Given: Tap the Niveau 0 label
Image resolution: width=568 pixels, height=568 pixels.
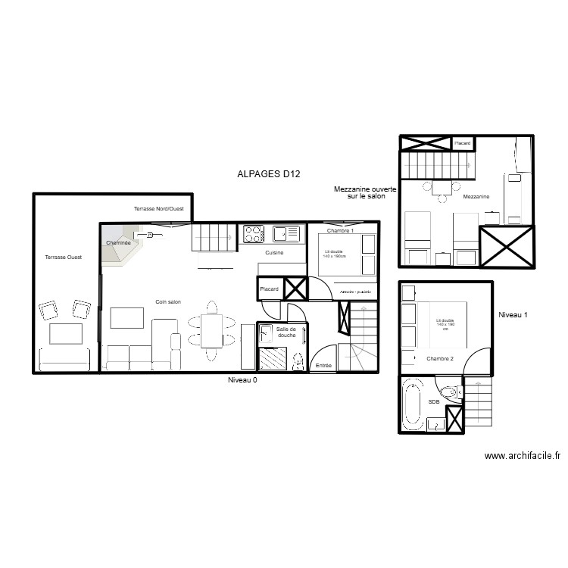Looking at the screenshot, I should click(x=242, y=380).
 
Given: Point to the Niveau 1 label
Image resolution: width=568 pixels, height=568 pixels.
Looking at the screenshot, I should click(x=514, y=314).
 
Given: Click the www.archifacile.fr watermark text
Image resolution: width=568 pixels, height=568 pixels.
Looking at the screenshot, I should click(x=522, y=456).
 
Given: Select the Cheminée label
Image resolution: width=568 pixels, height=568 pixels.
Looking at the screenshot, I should click(x=118, y=242).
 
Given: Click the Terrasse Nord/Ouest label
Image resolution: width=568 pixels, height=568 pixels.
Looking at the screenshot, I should click(x=158, y=208).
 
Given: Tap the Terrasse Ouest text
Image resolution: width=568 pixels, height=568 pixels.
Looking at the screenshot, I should click(x=63, y=257).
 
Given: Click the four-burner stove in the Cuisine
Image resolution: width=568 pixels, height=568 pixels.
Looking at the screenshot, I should click(x=252, y=233).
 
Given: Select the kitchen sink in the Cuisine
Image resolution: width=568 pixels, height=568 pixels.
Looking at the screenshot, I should click(x=286, y=233).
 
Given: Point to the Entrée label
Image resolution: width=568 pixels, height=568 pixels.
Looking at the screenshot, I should click(x=323, y=366).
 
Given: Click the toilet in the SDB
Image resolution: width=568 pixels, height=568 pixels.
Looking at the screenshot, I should click(x=449, y=393).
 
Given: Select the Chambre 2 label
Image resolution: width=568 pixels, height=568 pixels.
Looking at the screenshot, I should click(x=439, y=358).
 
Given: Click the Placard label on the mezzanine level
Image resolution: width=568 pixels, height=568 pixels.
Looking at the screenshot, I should click(x=463, y=142).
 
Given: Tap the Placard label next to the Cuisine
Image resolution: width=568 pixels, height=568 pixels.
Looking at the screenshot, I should click(x=269, y=289).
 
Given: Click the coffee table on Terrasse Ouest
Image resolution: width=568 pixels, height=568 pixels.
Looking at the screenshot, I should click(x=66, y=333).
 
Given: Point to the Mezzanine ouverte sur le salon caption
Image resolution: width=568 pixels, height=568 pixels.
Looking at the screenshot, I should click(x=365, y=192).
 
